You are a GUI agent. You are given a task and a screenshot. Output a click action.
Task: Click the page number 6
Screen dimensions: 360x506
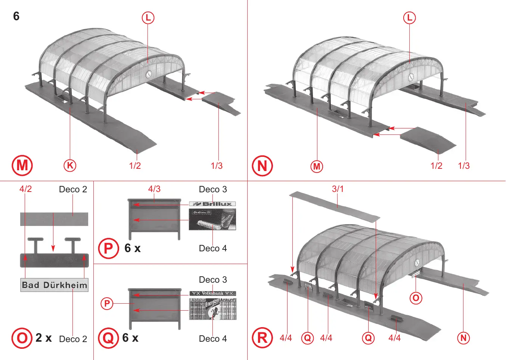(16, 16)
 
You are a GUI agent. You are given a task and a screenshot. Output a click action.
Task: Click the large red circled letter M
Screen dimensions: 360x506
(22, 165)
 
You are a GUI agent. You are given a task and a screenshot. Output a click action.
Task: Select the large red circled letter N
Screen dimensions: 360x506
(262, 166)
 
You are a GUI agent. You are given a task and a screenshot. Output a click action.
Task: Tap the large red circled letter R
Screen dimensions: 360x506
(262, 338)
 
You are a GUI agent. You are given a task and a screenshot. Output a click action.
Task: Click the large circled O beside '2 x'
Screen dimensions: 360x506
(22, 338)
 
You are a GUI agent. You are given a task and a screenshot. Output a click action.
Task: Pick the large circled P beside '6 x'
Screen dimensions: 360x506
(108, 248)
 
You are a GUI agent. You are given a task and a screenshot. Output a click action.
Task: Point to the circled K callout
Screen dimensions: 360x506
(70, 165)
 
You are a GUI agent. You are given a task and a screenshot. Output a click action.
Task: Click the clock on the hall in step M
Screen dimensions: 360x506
(149, 74)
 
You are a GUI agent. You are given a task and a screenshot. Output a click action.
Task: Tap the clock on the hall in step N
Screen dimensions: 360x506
(411, 77)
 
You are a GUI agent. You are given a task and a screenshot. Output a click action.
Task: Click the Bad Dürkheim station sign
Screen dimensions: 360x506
(54, 285)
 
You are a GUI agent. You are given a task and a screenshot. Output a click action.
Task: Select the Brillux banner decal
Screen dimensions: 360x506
(212, 204)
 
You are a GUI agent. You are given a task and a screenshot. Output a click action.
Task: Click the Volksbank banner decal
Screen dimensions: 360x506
(212, 294)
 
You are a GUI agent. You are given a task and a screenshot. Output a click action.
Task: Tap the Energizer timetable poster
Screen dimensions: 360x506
(212, 308)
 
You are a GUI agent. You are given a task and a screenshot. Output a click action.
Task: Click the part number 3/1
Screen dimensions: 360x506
(338, 189)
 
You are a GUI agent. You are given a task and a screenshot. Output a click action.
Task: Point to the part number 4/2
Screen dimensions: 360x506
(25, 189)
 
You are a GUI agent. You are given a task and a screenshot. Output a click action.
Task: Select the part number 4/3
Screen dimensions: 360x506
(154, 189)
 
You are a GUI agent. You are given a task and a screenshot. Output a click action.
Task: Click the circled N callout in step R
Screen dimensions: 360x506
(463, 338)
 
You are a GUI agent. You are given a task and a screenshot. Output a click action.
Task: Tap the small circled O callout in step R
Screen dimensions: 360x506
(416, 298)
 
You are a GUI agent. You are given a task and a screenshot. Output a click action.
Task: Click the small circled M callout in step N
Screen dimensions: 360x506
(317, 166)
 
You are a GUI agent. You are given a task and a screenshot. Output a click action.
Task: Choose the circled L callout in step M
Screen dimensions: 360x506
(148, 18)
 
